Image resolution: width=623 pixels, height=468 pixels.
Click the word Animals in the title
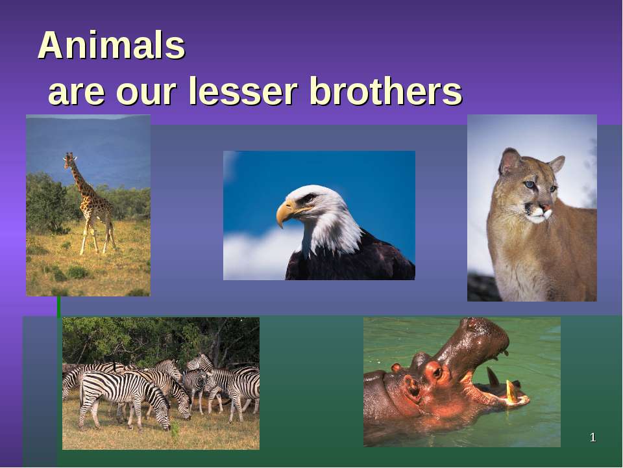click(112, 47)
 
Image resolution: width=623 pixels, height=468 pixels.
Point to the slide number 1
click(592, 437)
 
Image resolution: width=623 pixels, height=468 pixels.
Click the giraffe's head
click(69, 158)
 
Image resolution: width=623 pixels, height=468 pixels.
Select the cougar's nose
click(547, 211)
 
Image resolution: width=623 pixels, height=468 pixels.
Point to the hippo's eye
click(435, 372)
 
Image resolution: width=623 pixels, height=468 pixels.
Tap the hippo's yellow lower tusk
click(511, 391)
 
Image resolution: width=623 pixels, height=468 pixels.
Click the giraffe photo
click(88, 205)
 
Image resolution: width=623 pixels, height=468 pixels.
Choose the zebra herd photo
click(161, 383)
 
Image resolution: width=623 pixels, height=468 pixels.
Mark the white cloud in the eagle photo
click(253, 257)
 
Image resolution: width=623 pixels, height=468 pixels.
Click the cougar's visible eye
click(530, 186)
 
